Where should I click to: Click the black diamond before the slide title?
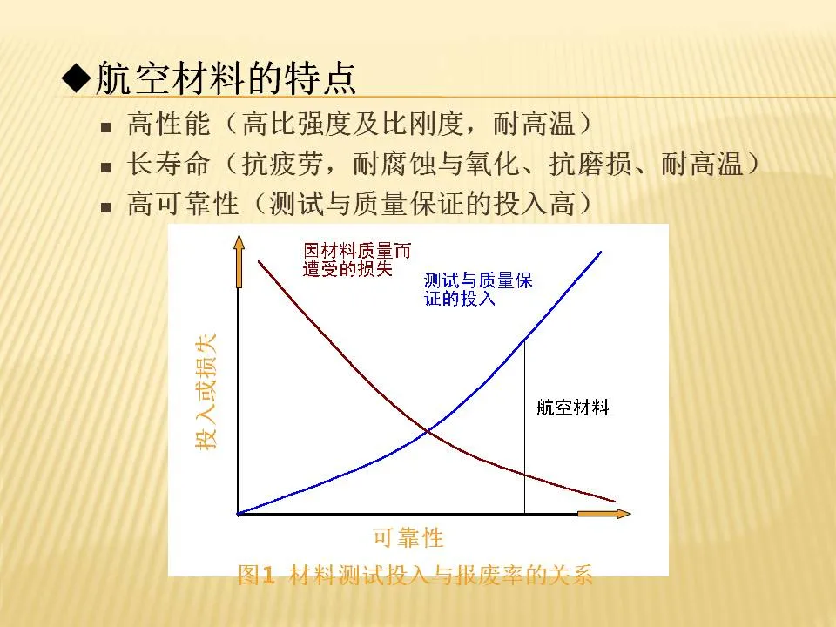tap(77, 79)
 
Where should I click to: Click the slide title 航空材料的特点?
tap(225, 79)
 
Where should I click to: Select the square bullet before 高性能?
tap(105, 128)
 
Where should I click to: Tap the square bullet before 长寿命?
tap(105, 168)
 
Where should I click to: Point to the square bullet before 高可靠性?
tap(105, 207)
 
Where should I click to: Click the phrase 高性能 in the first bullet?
tap(168, 124)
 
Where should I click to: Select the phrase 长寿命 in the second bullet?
tap(168, 163)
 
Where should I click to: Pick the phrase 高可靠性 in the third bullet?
tap(183, 203)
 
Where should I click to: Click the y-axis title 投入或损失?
tap(206, 392)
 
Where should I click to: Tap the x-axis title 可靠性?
tap(408, 537)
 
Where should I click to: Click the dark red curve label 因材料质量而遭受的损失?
tap(357, 260)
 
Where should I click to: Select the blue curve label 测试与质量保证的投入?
tap(478, 289)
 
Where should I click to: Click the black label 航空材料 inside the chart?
tap(573, 408)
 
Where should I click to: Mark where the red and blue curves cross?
tap(428, 431)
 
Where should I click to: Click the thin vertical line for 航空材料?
tap(524, 427)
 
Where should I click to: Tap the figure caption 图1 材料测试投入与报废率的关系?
tap(415, 575)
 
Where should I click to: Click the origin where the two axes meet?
tap(239, 514)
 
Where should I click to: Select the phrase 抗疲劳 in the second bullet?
tap(282, 163)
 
